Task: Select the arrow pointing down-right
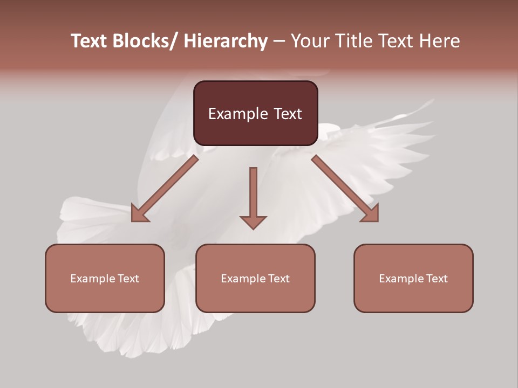point(345,189)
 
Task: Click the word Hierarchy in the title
point(225,41)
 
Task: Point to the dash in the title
point(279,41)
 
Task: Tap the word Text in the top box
point(288,114)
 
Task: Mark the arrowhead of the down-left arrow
point(139,214)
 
